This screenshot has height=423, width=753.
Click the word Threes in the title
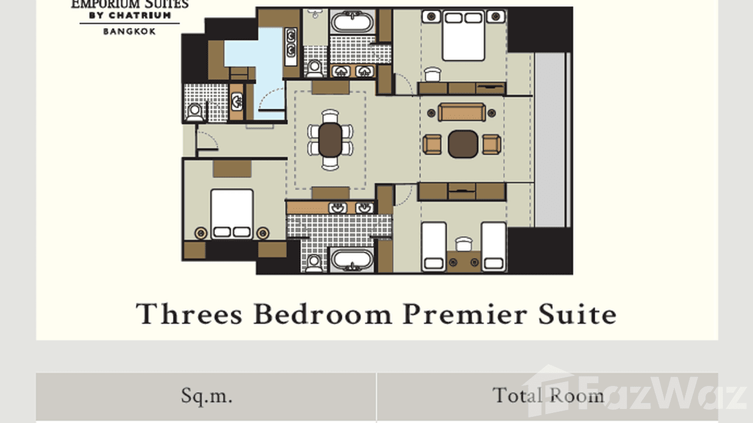point(190,314)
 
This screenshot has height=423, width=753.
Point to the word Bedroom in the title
point(323,314)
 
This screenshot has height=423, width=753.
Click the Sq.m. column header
point(206,396)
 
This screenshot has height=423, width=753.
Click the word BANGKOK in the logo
point(130,31)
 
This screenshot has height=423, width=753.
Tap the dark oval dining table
point(330,139)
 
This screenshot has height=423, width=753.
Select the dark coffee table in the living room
point(463,144)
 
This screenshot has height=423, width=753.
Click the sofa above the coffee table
point(462,112)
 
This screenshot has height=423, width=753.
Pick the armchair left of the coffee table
point(432,144)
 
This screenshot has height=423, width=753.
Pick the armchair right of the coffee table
point(492,144)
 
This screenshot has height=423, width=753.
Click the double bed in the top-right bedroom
point(463,35)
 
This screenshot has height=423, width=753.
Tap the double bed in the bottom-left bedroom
point(232,214)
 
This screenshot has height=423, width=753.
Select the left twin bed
point(433,246)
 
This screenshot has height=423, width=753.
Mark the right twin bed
point(494,246)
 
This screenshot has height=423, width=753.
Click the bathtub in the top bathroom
point(352,23)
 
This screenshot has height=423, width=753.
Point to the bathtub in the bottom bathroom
point(352,260)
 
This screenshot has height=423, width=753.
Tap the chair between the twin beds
point(463,244)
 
